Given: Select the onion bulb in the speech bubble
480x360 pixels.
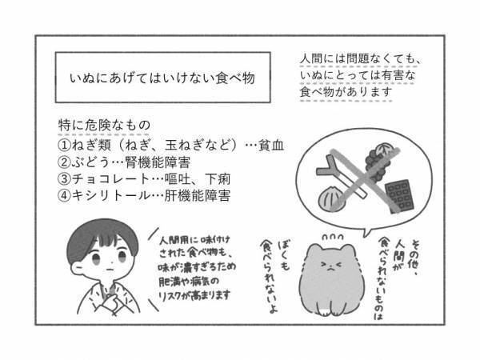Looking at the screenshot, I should click(x=332, y=194).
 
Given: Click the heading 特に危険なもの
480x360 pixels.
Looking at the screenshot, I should click(x=104, y=128).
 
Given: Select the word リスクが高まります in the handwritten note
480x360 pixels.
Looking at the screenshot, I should click(x=191, y=294).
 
